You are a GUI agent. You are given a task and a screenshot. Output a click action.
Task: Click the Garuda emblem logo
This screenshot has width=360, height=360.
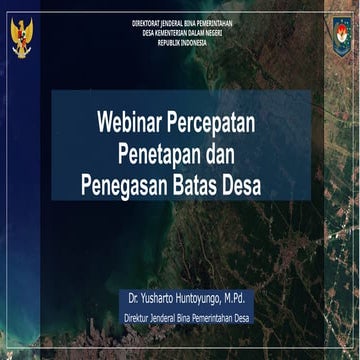[22, 37]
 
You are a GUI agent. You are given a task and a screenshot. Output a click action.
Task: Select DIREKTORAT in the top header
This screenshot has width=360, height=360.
[146, 21]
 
